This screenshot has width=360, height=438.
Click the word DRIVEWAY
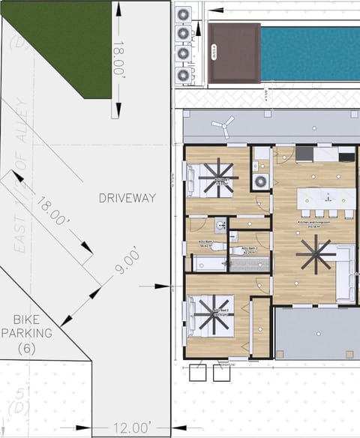click(x=127, y=198)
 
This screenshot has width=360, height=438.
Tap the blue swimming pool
click(x=309, y=54)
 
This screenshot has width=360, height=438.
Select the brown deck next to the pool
click(x=235, y=54)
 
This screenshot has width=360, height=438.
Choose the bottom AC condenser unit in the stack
click(x=182, y=75)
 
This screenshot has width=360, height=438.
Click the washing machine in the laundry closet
click(x=260, y=181)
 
